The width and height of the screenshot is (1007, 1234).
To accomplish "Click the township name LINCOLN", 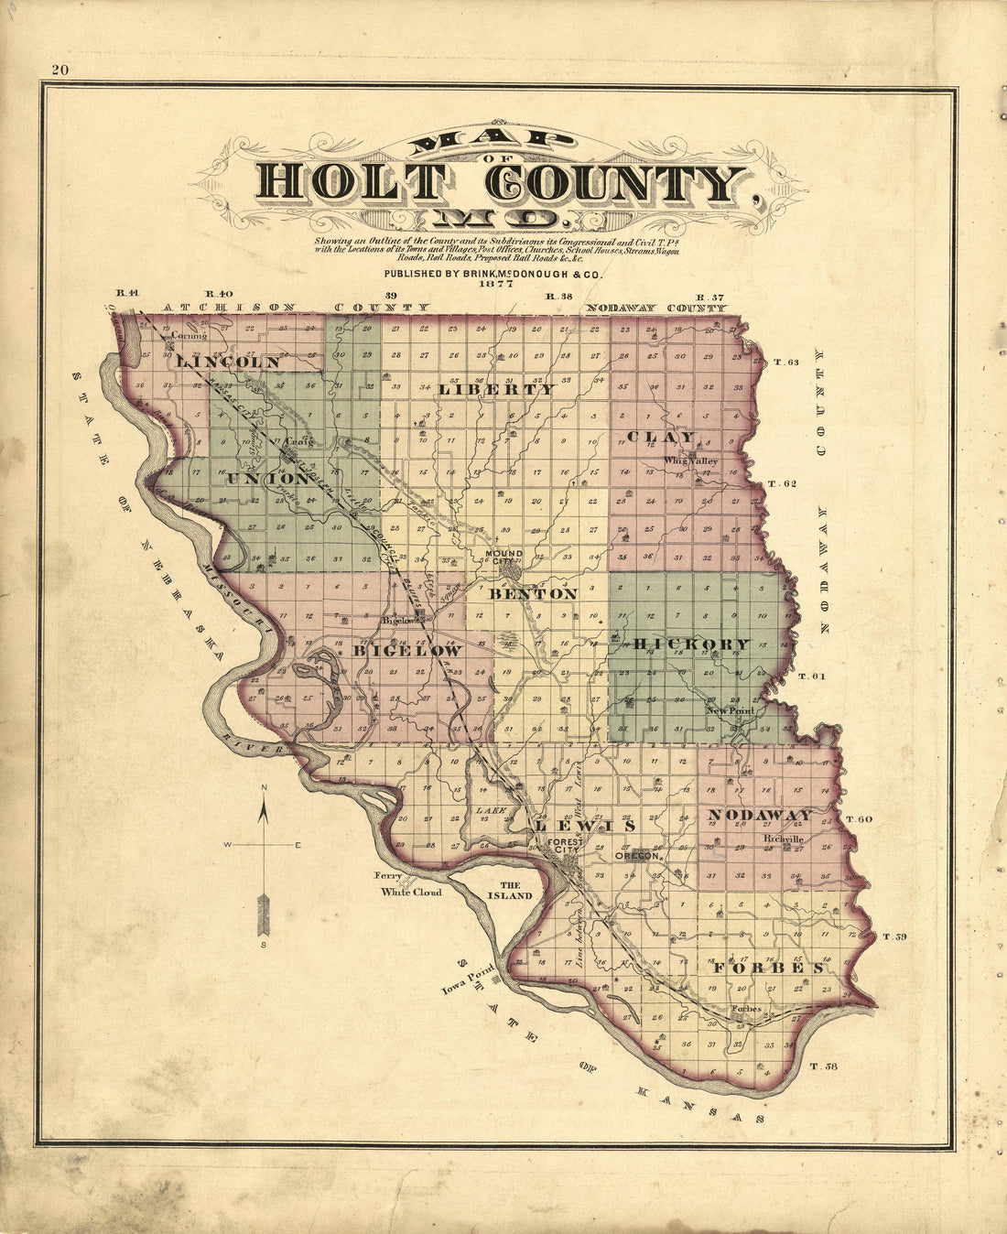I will pos(228,363).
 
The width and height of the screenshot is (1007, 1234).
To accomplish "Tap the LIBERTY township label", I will pos(497,389).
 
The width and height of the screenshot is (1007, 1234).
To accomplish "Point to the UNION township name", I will pos(268,478).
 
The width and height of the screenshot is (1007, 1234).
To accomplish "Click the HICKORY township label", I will pos(691,644).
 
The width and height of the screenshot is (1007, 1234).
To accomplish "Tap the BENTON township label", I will pos(534,593).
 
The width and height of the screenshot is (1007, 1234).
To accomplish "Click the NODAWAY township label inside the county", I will pos(760,815).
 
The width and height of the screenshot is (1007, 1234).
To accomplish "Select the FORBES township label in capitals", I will pos(763,968).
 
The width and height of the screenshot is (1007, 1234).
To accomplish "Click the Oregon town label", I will pos(638,857).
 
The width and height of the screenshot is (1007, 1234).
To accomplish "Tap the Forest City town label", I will pos(559,846).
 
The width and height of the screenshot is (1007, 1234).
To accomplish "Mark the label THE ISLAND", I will pos(510,891).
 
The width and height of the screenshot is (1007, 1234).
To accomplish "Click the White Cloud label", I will pos(411,892).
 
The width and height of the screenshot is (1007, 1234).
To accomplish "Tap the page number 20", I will pos(61,70).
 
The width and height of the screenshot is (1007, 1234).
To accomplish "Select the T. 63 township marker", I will pos(786,363).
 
